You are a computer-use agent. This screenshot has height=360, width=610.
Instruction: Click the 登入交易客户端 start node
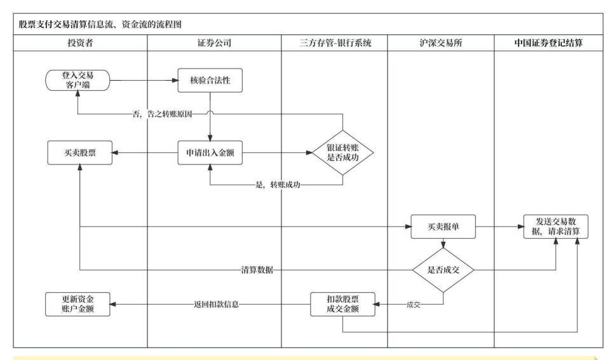click(78, 81)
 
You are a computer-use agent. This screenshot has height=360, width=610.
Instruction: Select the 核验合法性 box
click(210, 81)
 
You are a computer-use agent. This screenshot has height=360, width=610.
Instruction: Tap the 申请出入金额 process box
click(210, 153)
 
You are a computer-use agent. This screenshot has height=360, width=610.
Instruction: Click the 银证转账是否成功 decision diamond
click(342, 153)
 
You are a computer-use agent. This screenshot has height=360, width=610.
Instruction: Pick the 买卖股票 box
click(78, 153)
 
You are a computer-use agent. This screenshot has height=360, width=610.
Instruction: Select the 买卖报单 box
click(444, 227)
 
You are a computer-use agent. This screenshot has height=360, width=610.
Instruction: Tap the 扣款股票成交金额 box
click(342, 304)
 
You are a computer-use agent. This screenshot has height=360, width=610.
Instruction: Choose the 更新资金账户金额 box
click(78, 304)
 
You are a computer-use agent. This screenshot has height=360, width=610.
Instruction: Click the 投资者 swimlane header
click(77, 43)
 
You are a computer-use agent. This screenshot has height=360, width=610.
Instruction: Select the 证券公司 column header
click(214, 43)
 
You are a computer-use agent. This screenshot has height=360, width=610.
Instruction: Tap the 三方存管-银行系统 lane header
click(334, 43)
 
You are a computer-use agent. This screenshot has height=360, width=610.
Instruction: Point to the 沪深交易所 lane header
click(440, 43)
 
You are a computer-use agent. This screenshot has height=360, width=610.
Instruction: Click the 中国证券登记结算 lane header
click(548, 43)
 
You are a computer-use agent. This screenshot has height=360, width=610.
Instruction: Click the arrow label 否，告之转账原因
click(162, 114)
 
